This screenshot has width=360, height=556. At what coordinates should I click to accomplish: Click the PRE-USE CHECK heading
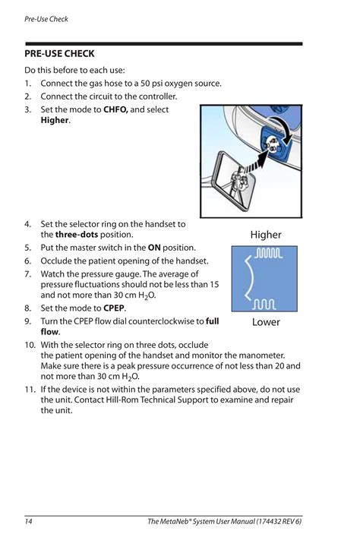[59, 54]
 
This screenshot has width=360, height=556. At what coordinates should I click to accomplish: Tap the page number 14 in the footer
[28, 521]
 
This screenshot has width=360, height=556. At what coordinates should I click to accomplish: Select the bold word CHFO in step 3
[115, 109]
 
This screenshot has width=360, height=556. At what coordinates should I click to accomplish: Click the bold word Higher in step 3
[55, 120]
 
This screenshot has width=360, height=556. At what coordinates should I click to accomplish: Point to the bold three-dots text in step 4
[76, 235]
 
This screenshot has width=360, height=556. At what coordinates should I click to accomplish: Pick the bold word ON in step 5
[154, 248]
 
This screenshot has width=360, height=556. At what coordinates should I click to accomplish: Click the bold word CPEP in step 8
[114, 308]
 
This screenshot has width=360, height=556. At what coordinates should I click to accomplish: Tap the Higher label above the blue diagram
[266, 235]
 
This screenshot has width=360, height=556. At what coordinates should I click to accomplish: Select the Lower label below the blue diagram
[266, 322]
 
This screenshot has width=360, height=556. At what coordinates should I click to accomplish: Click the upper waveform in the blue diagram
[269, 253]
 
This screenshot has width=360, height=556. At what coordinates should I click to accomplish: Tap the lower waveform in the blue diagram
[264, 305]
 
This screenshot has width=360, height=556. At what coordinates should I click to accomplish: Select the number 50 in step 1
[145, 84]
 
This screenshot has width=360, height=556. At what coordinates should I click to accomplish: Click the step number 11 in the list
[30, 390]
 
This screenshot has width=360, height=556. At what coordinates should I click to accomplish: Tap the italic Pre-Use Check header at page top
[46, 19]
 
